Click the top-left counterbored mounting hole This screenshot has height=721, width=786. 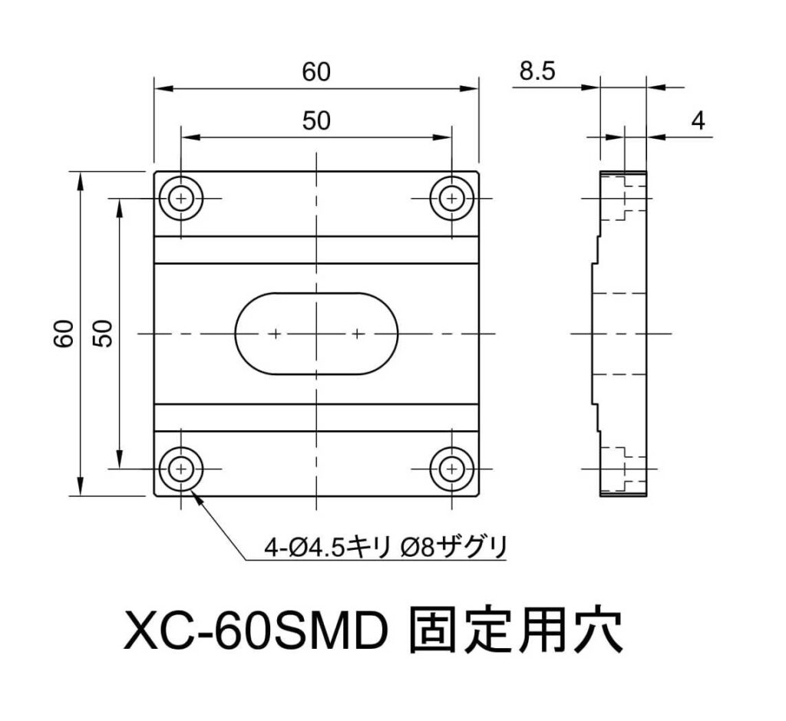[181, 199]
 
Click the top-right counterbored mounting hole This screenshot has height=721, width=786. [452, 199]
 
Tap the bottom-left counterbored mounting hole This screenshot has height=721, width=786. [181, 468]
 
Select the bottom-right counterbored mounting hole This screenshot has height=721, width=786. [452, 468]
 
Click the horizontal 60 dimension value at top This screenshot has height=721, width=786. [315, 72]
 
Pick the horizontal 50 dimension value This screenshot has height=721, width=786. [315, 121]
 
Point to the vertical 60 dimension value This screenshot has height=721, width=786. [64, 333]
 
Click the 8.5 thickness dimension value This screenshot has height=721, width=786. [537, 72]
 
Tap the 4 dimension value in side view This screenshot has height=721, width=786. [698, 120]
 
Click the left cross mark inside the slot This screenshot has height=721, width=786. [276, 334]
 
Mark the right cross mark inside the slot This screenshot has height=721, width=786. [357, 334]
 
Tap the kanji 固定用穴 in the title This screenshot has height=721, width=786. [517, 631]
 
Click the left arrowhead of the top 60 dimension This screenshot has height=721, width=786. [160, 88]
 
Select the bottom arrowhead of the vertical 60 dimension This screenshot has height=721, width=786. [80, 489]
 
